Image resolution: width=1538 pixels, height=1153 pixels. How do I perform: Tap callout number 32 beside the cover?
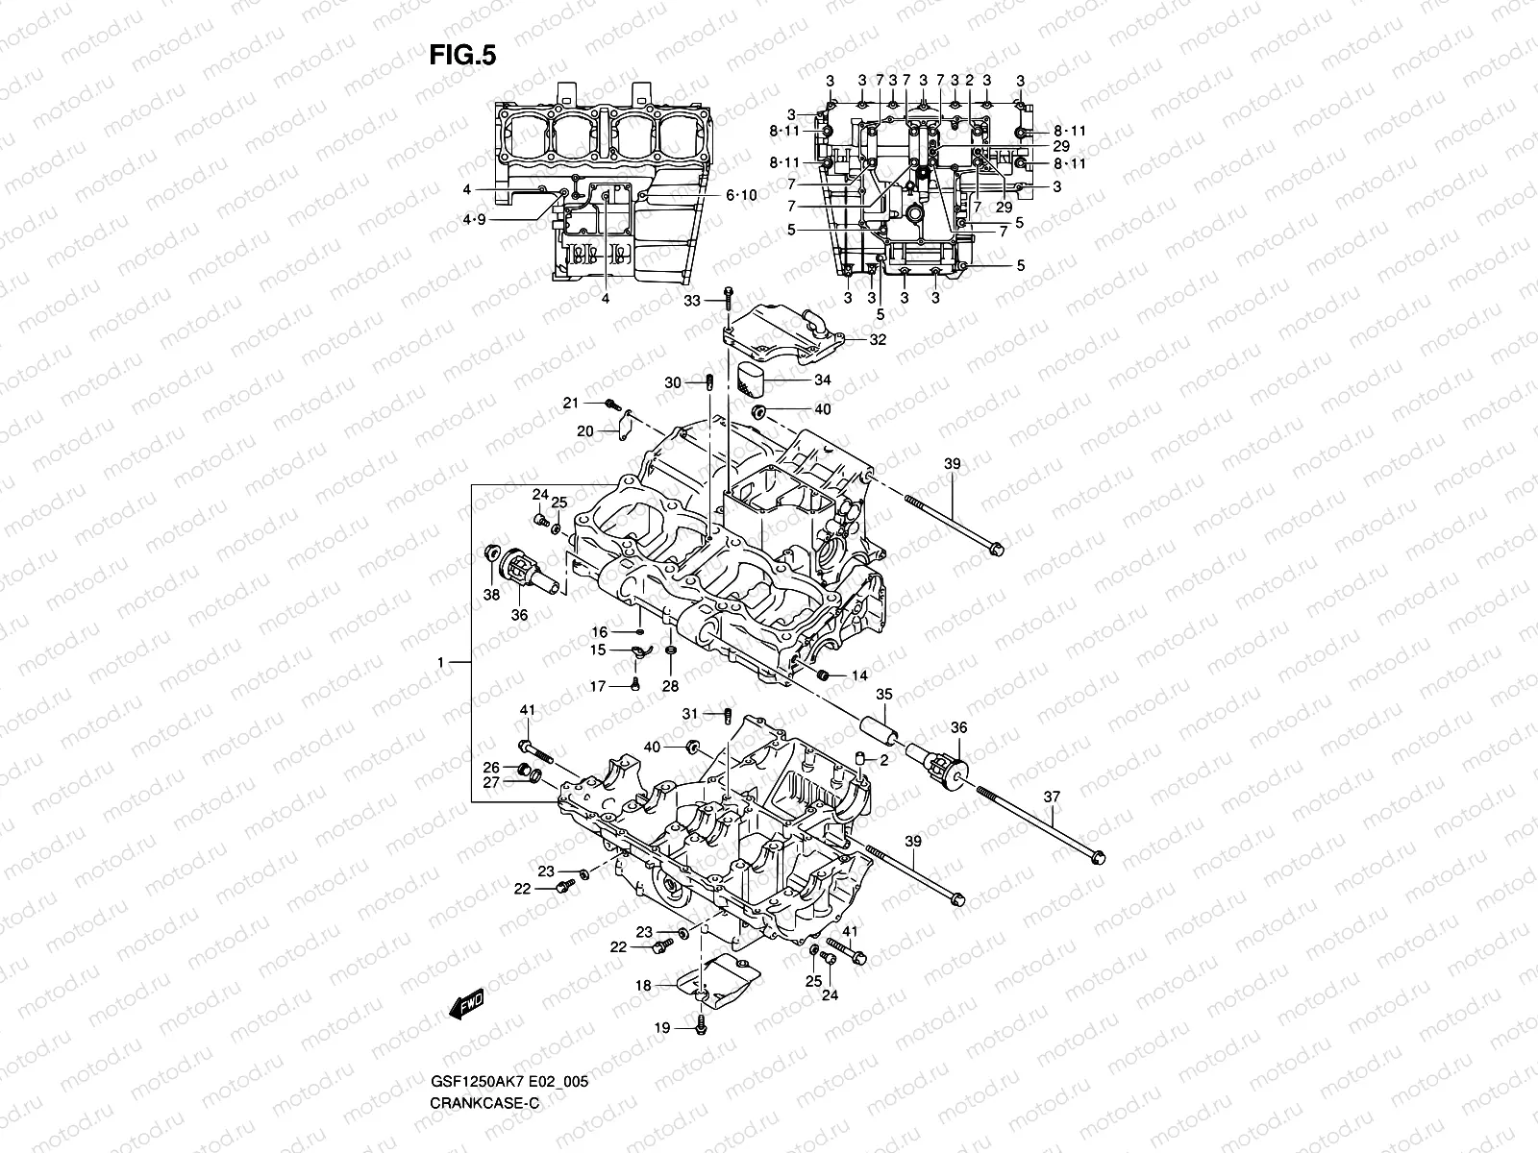point(878,340)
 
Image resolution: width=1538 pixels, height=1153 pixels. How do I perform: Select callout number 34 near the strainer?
point(822,380)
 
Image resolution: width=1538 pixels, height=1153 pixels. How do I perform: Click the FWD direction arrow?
point(466,1006)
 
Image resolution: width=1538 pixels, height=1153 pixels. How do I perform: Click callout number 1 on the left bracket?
point(440,663)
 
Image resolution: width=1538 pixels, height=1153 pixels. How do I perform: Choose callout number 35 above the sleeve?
point(883,694)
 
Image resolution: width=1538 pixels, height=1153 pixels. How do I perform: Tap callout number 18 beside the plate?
point(643,985)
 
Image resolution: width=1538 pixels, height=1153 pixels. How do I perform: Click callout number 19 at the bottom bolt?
point(662,1029)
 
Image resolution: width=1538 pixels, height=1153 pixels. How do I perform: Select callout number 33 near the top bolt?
point(693,302)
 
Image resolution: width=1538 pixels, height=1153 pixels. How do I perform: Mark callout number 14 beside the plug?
point(859,676)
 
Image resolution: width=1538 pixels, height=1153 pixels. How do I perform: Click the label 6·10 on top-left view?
point(741,195)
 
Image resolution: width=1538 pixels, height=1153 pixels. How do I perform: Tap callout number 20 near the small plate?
point(585,431)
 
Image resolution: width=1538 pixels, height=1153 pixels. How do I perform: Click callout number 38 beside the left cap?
point(491,595)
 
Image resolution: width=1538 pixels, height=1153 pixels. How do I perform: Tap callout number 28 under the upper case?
point(670,685)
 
